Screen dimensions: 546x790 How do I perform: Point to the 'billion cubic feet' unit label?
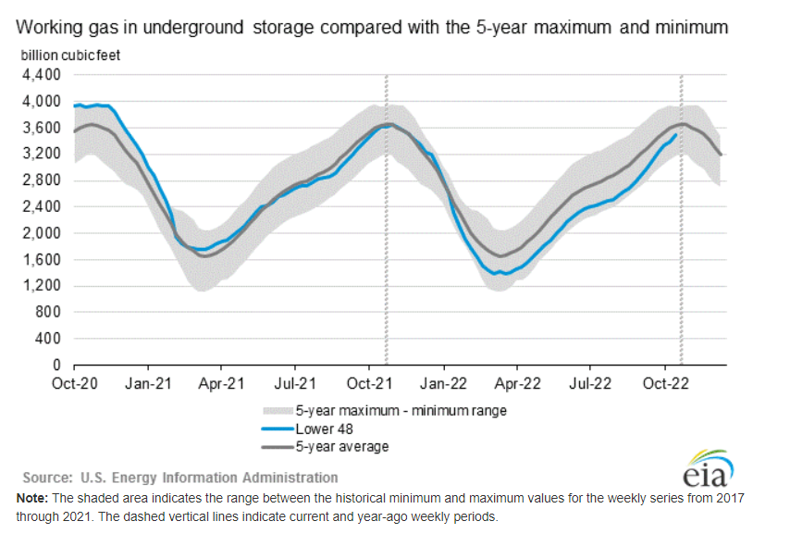click(70, 55)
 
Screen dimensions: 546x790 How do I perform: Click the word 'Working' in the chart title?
click(45, 28)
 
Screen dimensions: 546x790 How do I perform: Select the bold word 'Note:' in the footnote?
click(34, 498)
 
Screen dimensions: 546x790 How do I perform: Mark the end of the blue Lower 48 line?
click(675, 135)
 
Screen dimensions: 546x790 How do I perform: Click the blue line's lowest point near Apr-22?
click(501, 274)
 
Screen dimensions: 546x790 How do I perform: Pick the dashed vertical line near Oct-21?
click(386, 231)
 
